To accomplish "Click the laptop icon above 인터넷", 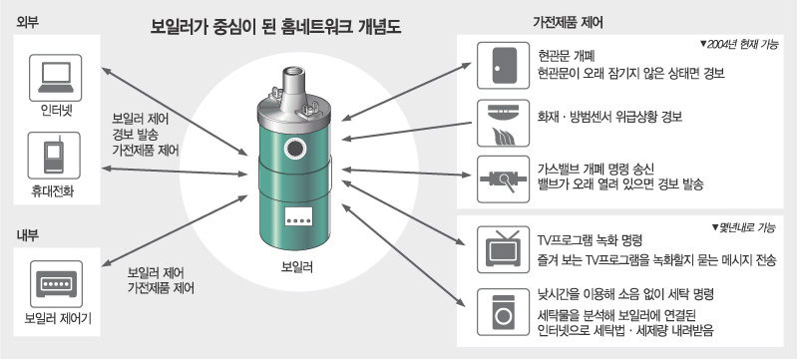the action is (x=56, y=78).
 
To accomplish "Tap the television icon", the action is (x=503, y=249).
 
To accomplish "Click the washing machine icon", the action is (x=503, y=312).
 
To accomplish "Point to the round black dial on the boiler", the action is (x=294, y=149).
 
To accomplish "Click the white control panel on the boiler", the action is (x=295, y=217).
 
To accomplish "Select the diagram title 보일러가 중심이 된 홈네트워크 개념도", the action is (x=276, y=27).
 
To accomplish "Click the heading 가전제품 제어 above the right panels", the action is (x=568, y=23).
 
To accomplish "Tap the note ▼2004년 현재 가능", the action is (x=739, y=44).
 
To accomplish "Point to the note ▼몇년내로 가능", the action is (x=743, y=228).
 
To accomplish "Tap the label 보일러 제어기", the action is (x=57, y=320).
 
